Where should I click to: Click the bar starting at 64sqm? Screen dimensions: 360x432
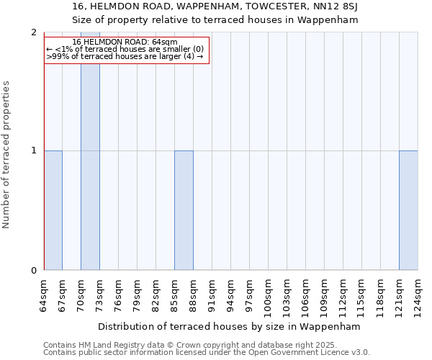coord(53,210)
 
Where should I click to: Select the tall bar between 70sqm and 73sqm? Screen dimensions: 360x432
coord(90,151)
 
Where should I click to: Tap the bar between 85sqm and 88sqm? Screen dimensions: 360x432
coord(184,210)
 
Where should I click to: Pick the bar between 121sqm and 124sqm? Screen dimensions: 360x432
coord(408,210)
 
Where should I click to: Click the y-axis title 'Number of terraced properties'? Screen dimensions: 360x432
coord(7,155)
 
